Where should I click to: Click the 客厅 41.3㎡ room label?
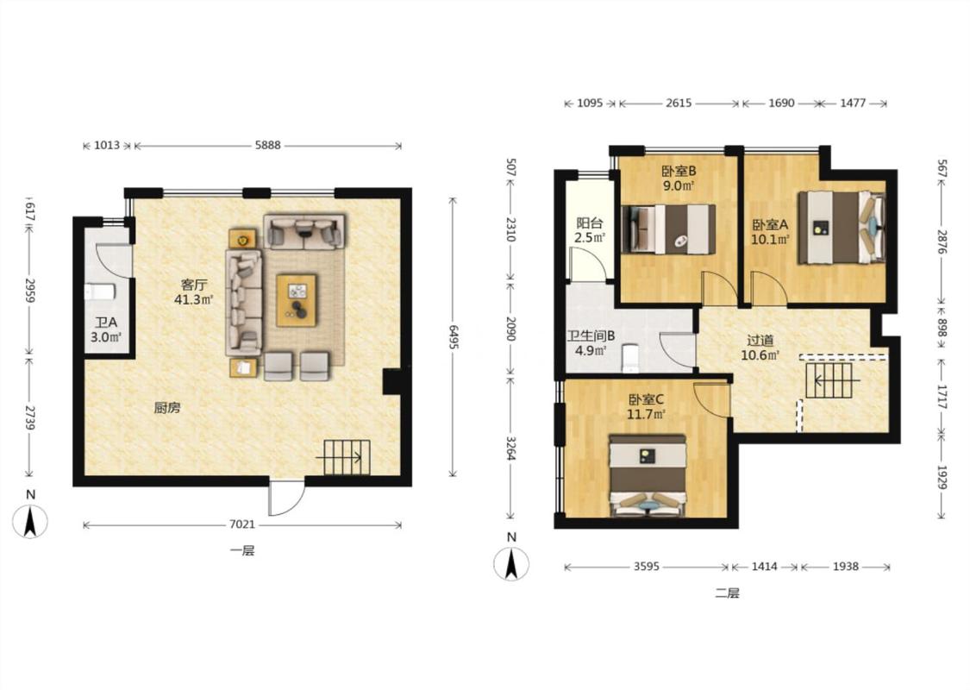coord(194,292)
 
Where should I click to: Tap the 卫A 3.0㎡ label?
coord(106,329)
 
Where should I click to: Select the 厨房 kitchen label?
coord(167,408)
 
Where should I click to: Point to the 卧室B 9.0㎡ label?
coord(679,178)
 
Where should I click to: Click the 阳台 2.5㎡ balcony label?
coord(589,229)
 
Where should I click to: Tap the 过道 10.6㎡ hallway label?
coord(760,348)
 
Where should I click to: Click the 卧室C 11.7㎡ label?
coord(646,407)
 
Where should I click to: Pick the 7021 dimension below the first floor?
coord(242,524)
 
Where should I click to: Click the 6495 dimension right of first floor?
coord(454,337)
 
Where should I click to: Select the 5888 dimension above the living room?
coord(267,146)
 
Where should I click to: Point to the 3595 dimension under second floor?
coord(647,567)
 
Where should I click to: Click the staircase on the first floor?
coord(347,457)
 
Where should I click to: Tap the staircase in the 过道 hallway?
coord(829,380)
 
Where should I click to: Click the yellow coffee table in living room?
coord(297,300)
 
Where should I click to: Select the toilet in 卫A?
coord(100,292)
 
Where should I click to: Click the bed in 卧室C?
coord(648,474)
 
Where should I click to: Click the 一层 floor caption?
coord(242,551)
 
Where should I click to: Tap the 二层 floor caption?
coord(728,593)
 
